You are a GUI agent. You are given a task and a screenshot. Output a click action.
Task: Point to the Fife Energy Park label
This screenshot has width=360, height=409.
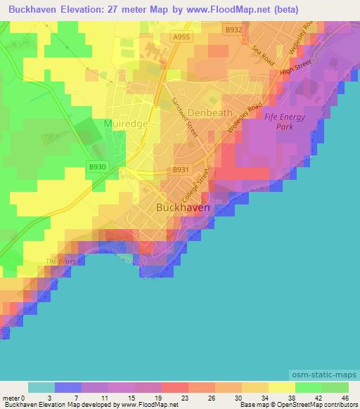click(x=285, y=122)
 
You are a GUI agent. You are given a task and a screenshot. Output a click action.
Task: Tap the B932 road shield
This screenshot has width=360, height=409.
click(x=233, y=29)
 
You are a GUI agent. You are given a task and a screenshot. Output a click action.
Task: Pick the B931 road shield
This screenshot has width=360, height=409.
click(x=181, y=170)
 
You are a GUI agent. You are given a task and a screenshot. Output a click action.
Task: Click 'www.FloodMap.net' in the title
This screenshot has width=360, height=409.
click(x=236, y=9)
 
